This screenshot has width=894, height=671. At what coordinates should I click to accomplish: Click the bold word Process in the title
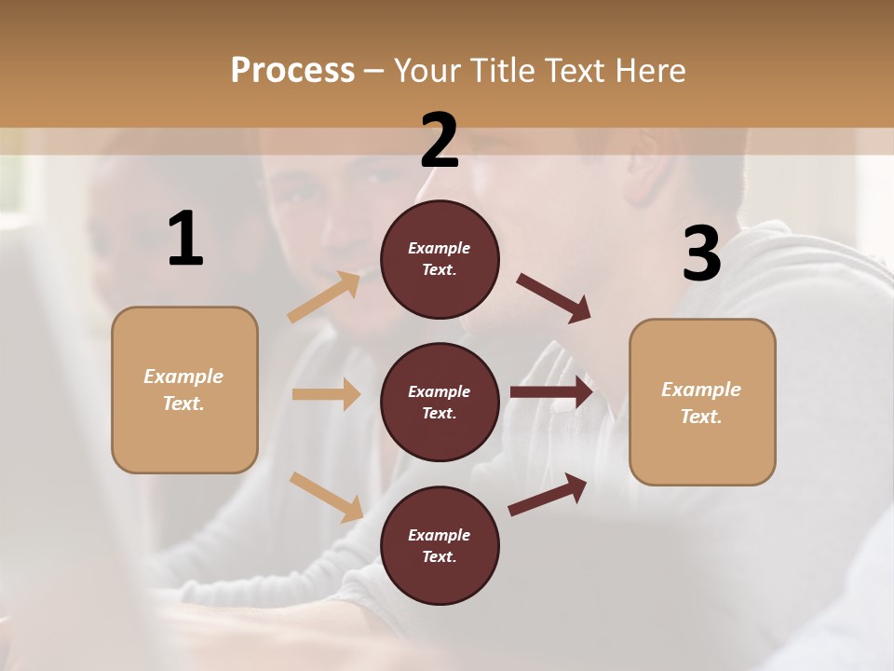coord(292,70)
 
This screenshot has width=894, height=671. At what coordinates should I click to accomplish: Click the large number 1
coord(185,240)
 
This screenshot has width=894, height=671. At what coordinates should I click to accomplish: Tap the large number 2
coord(440,140)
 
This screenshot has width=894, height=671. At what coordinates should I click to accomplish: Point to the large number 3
coord(701,253)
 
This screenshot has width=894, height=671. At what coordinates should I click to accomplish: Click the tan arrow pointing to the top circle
coord(324,296)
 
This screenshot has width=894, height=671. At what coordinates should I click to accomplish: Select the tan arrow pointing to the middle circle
coord(326,394)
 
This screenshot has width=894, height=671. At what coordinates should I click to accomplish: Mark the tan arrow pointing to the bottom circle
coord(326,496)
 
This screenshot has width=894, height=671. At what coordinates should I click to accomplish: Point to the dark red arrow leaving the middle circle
coord(551,392)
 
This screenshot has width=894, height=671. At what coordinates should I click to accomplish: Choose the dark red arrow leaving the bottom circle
coord(548,495)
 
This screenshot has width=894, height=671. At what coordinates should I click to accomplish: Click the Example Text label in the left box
coord(183,390)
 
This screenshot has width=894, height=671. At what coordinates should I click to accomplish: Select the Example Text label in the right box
coord(701,403)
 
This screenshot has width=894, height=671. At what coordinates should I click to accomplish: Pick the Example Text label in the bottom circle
coord(440,545)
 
